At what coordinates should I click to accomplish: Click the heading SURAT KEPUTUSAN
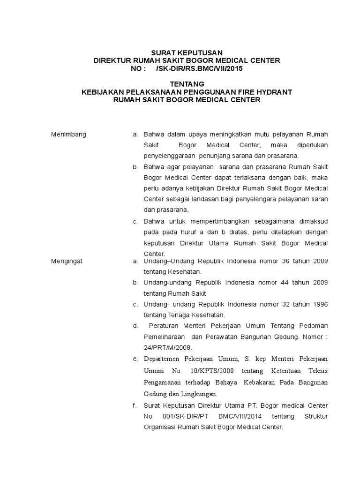click(187, 52)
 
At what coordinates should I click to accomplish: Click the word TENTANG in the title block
click(187, 84)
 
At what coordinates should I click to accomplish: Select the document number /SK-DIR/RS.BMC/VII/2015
click(199, 68)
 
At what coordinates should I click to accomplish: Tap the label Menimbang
click(68, 135)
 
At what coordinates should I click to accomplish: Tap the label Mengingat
click(67, 261)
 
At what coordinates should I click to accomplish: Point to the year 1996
click(319, 304)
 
